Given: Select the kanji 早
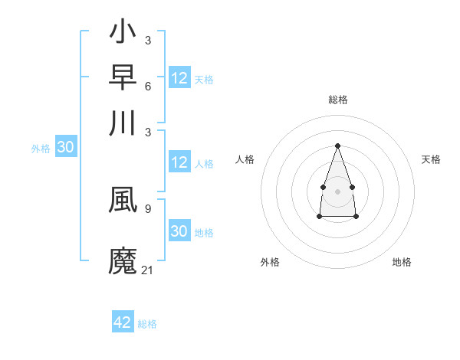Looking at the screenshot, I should pos(123,78).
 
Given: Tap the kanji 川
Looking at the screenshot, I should pos(123,123).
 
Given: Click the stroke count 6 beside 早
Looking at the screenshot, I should pos(147,85).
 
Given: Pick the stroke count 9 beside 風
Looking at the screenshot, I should pos(147,207).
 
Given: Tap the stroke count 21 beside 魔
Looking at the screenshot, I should pos(148,270).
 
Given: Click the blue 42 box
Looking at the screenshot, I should pos(123,322).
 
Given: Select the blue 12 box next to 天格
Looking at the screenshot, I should pos(179,78).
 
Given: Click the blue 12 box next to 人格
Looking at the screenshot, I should pos(179,162).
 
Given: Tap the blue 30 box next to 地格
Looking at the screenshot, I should pos(179,231).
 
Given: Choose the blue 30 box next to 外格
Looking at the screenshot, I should pos(65,147).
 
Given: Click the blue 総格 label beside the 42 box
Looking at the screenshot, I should pos(147,324).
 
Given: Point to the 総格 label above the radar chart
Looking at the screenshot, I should pos(337,100).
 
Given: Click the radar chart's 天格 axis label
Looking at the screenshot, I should pos(431,159).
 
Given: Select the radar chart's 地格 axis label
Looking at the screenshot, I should pos(402,262).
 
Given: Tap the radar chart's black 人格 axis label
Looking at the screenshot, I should pos(245,159).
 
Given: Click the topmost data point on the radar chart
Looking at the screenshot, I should pos(337,146).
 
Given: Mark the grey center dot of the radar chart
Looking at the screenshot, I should pos(337,190).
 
